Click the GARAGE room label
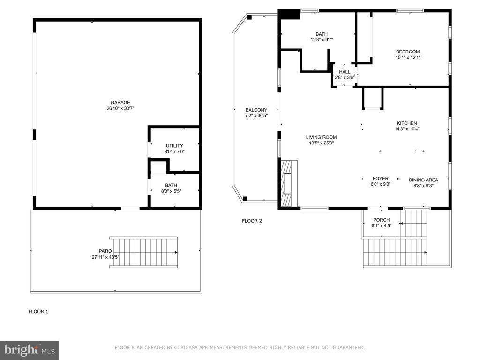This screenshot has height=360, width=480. pos(120,103)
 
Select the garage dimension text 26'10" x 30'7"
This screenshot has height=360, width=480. pos(120,108)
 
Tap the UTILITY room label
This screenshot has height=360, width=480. pos(174,146)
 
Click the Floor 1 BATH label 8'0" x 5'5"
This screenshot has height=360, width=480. pos(171,188)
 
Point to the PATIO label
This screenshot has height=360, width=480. pos(105,251)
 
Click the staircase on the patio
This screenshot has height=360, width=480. pos(143,252)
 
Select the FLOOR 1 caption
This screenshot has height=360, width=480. pos(38,311)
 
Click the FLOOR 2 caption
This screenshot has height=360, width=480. pos(252,221)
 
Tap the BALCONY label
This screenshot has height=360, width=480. pos(256,110)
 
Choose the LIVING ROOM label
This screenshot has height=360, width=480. pos(321,137)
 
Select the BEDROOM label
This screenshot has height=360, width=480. pos(407,52)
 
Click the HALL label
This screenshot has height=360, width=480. pos(345,72)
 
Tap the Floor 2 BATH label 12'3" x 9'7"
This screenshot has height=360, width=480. pos(322,34)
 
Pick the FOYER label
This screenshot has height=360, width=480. pos(380,179)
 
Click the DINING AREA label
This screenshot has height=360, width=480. pos(423,180)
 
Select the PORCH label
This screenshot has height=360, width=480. pos(381,220)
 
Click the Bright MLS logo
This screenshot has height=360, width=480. pos(29,350)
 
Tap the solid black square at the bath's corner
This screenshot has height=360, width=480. pos(289,14)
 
